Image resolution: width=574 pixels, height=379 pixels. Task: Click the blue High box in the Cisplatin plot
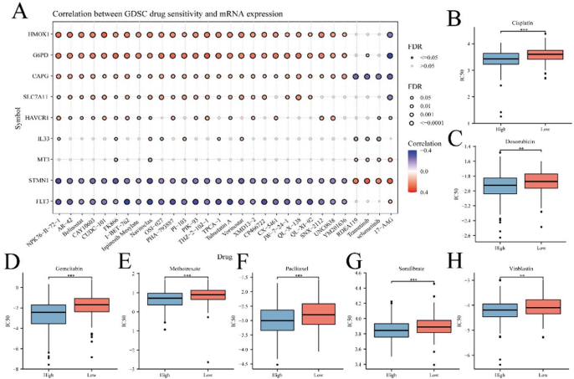[x=477, y=59]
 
